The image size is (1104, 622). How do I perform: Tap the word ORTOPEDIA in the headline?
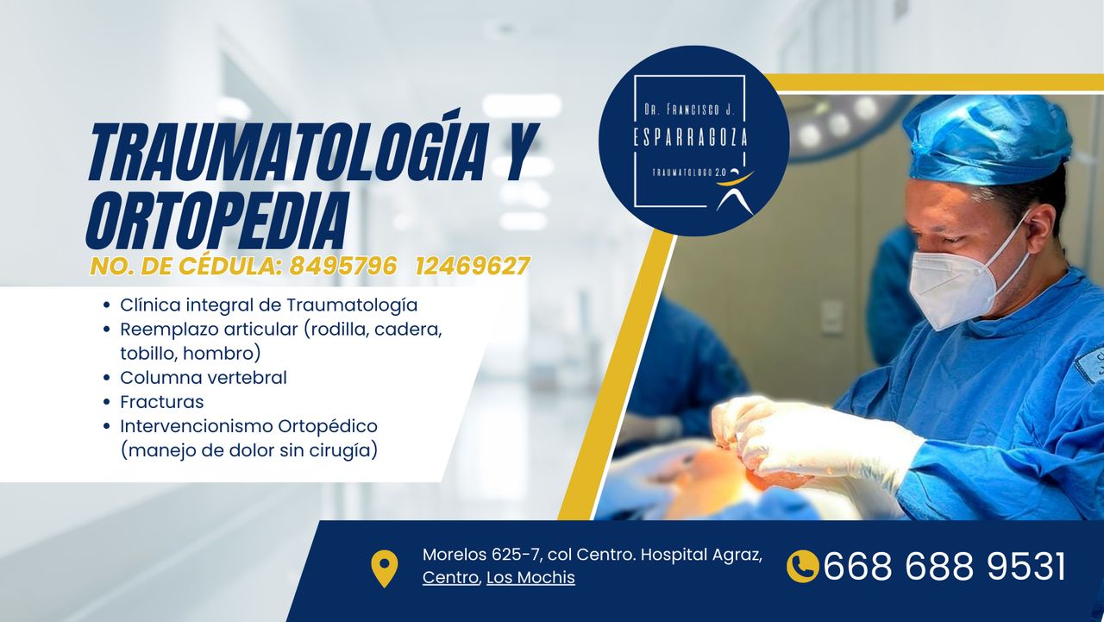pos(217,220)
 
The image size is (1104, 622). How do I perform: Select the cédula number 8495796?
pos(343,267)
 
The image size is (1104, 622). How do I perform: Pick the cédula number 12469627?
pos(473,267)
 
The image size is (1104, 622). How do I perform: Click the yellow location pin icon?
pos(384,569)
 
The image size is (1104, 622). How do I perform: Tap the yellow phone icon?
pos(802,567)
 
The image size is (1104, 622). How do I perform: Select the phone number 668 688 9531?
pos(944,567)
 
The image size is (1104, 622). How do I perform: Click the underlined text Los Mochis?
pos(530,578)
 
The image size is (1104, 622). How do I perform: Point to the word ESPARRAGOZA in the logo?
pos(690,137)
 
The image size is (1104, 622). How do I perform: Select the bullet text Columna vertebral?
pos(203,378)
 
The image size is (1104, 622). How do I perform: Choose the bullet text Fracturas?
pos(161,402)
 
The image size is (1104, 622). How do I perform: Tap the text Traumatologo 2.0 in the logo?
pos(688,173)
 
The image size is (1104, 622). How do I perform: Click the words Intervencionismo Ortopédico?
pos(249,427)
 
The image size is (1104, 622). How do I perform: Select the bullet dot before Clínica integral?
pos(106,305)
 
